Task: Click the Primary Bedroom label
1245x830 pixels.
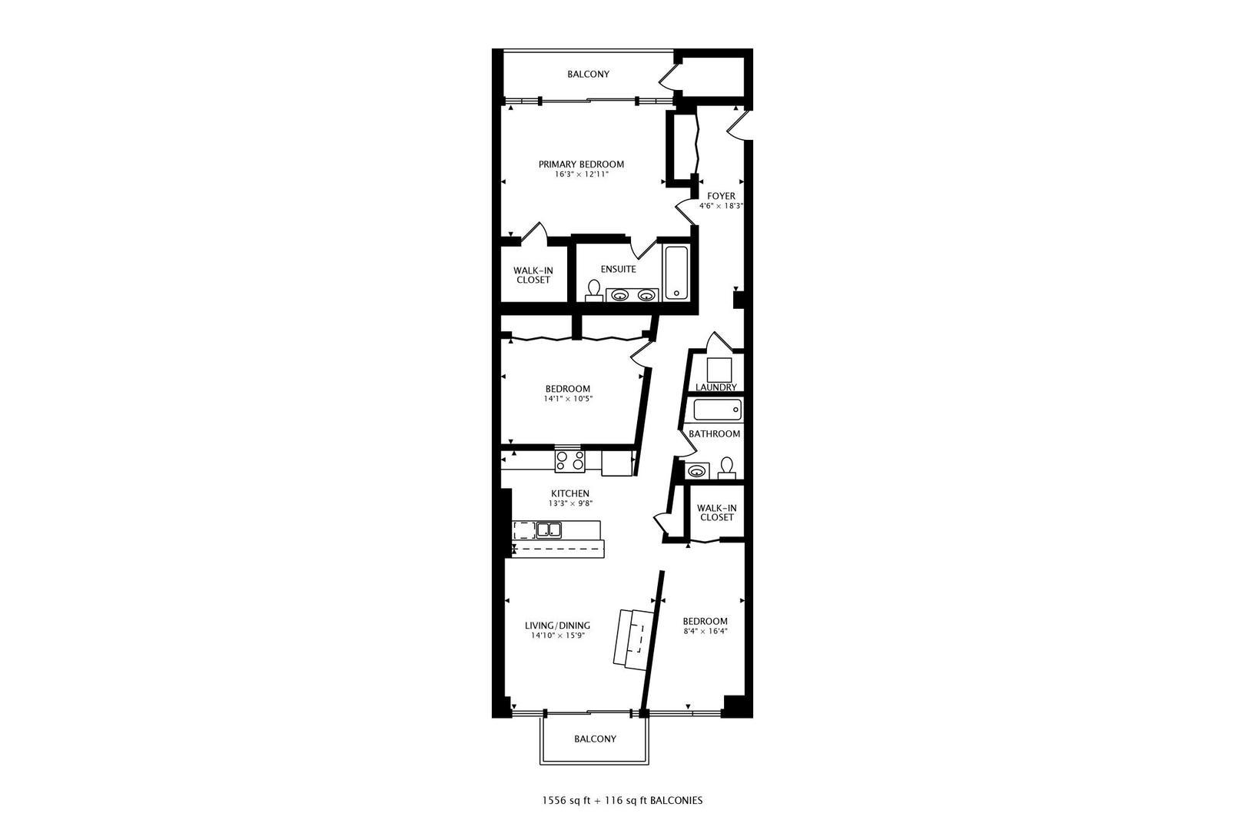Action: point(580,164)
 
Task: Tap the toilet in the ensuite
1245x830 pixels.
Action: point(593,290)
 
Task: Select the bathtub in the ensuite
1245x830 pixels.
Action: point(677,272)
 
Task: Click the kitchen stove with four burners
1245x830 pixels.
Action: point(569,460)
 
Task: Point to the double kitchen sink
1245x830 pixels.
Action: point(549,529)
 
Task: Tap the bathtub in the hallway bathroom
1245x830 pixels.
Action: point(717,409)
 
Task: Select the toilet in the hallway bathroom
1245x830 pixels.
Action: point(725,466)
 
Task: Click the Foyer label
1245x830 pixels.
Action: point(721,196)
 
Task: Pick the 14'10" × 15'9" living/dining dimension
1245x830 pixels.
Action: point(558,636)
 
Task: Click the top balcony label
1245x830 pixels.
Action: point(588,75)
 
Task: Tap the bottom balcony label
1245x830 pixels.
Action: point(595,739)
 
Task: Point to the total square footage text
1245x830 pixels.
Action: point(622,800)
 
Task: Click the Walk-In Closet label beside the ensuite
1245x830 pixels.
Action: point(533,274)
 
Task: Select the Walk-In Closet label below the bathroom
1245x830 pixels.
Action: point(716,513)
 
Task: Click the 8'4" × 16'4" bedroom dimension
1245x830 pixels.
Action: point(705,631)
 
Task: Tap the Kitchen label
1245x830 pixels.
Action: point(569,493)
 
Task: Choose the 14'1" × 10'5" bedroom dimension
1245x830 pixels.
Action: point(568,399)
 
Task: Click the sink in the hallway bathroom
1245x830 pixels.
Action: point(697,470)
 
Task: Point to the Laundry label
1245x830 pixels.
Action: point(715,387)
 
